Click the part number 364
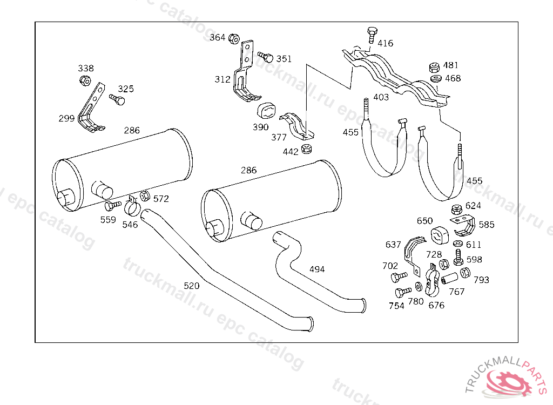tap(217, 37)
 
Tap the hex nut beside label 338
tap(85, 80)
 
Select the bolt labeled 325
tap(117, 99)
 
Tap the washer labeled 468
tap(436, 78)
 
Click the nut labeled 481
tap(435, 67)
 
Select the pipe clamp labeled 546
tap(132, 206)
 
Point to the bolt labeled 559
tap(113, 205)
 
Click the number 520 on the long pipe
tap(192, 286)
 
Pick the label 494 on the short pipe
tap(316, 269)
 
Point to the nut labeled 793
tap(465, 272)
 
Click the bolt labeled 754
tap(403, 292)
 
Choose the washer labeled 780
tap(419, 286)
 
